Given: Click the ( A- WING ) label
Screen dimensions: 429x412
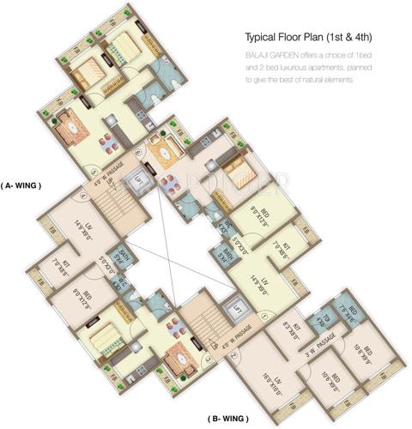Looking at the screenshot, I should [x=21, y=184].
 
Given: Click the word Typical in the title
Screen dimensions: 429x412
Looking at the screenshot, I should [x=265, y=39].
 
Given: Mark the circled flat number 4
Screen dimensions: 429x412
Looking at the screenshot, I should [x=83, y=194].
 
